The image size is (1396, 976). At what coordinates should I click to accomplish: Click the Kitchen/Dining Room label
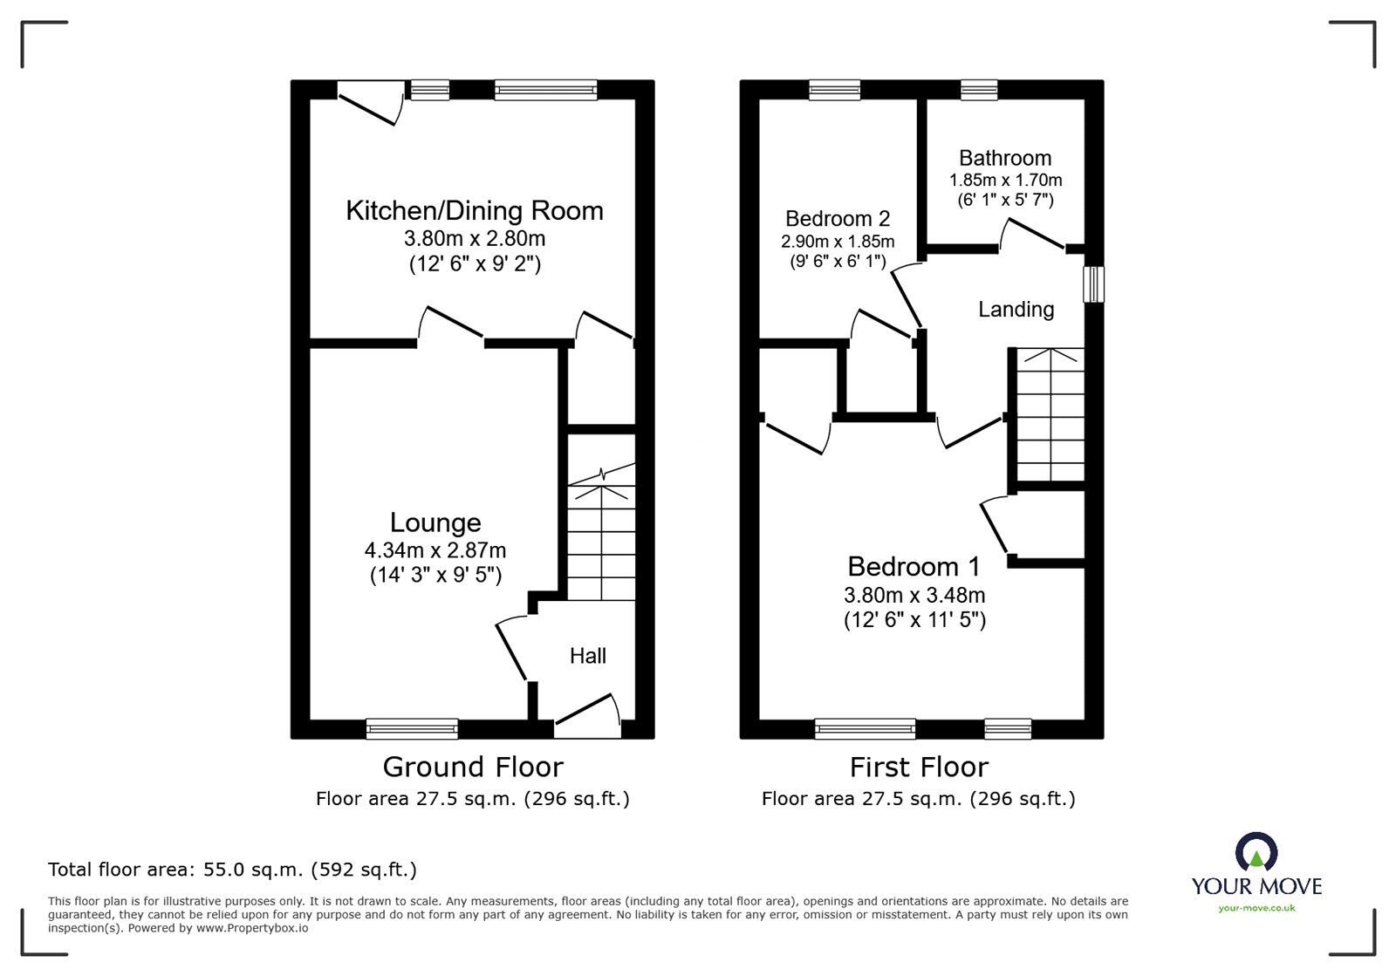475,211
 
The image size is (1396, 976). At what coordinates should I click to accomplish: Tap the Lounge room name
435,522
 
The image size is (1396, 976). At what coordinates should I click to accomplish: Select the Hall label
588,656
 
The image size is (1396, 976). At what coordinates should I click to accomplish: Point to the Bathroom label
1004,158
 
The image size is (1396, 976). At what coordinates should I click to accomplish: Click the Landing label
1016,310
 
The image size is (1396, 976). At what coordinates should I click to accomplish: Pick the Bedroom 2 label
838,219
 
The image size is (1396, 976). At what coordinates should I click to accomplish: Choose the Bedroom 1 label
914,567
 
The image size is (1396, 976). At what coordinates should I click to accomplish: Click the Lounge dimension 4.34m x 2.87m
435,550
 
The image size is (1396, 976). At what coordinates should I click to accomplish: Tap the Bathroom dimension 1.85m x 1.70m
1005,181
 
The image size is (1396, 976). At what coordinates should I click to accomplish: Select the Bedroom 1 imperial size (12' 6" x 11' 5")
914,620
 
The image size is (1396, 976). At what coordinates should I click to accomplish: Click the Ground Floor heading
473,768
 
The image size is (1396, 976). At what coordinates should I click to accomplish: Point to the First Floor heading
919,768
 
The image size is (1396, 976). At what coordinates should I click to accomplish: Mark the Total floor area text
232,870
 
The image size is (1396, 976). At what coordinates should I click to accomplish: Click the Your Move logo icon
1256,850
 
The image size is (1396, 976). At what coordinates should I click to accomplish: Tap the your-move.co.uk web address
1256,908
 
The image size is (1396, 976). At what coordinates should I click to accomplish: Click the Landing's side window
1093,284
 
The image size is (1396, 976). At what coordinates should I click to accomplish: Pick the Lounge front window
412,728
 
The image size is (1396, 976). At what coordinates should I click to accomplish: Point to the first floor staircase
1050,414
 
